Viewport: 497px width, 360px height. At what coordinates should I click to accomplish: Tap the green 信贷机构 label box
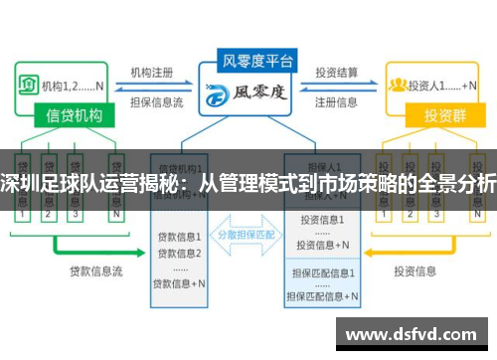[x=75, y=116]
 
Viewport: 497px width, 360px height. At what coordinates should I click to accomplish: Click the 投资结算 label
[x=339, y=73]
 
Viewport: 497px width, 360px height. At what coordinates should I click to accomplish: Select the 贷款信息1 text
[x=180, y=237]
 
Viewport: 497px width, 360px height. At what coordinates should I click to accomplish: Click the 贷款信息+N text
[x=180, y=283]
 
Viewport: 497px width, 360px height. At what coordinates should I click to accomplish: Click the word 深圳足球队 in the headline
[x=45, y=184]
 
